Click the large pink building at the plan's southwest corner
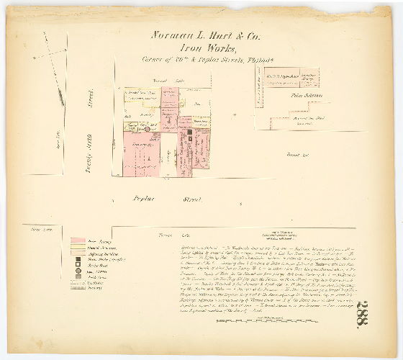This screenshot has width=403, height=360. [x=141, y=157]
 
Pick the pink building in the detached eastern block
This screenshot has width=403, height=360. [x=309, y=73]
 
